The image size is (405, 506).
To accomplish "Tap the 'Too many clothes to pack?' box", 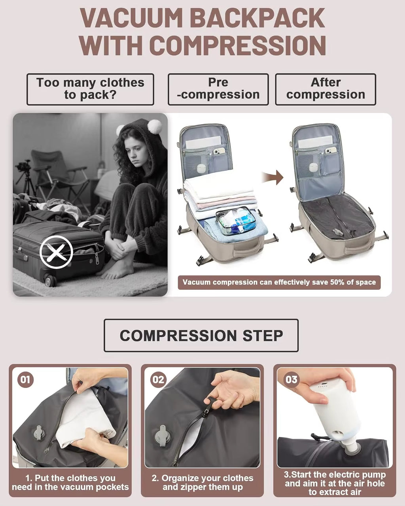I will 90,89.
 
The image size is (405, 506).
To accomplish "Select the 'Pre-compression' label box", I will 218,89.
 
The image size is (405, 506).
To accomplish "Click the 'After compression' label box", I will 326,89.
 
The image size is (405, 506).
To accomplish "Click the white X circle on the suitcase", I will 56,252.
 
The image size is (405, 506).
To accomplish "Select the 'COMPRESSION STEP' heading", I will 201,336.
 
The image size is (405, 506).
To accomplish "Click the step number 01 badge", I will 25,380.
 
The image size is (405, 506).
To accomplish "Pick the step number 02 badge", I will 158,380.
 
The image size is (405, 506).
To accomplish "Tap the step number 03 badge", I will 291,380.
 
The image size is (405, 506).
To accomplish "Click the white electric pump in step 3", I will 336,411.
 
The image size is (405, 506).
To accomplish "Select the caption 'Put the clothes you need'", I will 70,483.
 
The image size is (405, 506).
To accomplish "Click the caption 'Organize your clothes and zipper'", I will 202,483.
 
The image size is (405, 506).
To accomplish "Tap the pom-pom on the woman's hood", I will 155,126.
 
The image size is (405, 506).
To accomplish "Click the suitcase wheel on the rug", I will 50,281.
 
